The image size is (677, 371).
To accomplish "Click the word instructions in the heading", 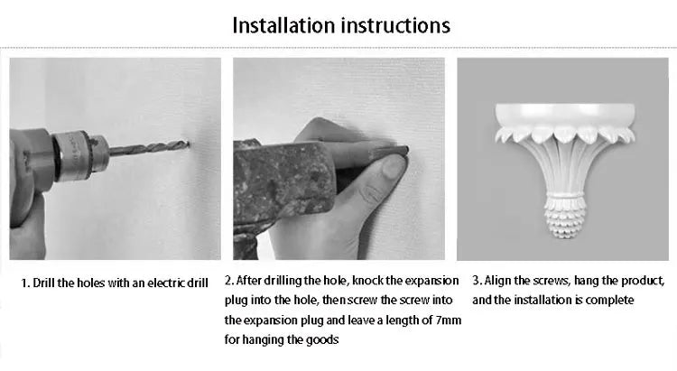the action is [x=396, y=25].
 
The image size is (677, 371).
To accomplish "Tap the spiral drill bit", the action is [x=149, y=147].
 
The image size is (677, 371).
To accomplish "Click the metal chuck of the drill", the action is [x=78, y=155].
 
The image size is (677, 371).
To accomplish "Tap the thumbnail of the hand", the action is [x=393, y=167].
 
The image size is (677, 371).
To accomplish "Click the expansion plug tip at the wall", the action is [x=403, y=151].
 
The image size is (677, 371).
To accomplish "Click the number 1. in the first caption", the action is [x=25, y=283].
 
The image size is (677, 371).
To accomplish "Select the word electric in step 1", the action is [x=166, y=283].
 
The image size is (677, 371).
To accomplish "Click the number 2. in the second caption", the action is [x=229, y=281].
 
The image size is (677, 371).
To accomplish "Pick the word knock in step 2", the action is [x=367, y=281].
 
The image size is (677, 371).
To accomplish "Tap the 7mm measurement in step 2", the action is [x=449, y=320].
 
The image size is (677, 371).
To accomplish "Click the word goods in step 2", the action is [x=322, y=340].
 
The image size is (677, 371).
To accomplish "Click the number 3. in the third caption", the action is [x=478, y=281].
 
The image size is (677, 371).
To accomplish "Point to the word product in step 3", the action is [x=643, y=281].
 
